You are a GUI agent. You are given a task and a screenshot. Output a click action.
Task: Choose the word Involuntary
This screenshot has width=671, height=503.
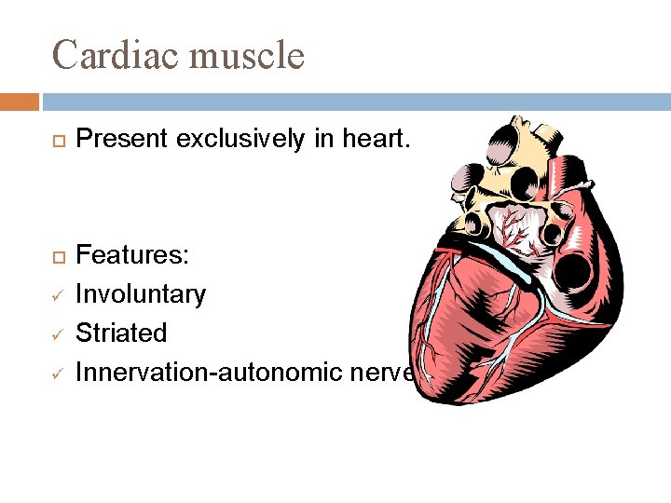pos(141,294)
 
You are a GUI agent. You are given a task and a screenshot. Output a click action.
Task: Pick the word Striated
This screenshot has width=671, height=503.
pos(121,333)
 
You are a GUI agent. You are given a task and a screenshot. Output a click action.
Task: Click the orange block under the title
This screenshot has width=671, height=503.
pos(20,101)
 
